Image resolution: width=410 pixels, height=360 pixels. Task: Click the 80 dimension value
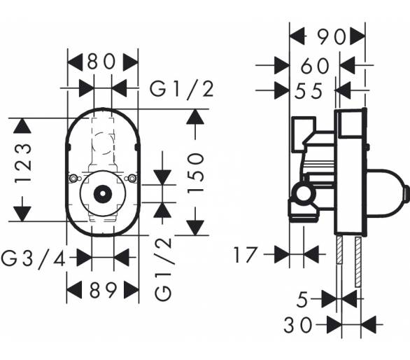[101, 62]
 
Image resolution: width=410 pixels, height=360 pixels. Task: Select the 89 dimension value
[103, 290]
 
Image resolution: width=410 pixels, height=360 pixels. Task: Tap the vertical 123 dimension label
[23, 163]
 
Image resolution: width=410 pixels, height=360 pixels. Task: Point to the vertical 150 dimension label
[195, 173]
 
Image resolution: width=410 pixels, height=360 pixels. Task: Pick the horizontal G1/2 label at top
[182, 89]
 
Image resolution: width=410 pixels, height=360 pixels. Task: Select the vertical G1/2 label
[163, 270]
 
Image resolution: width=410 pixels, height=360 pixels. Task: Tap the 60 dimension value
[315, 65]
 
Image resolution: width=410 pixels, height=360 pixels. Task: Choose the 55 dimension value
[309, 91]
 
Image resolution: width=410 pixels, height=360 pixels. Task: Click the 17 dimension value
[245, 255]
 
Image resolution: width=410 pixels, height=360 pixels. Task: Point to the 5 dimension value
[302, 300]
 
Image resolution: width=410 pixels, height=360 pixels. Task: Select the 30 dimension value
[298, 325]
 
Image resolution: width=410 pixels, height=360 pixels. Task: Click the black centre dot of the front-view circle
[103, 194]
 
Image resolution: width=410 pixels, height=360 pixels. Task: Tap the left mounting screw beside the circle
[73, 179]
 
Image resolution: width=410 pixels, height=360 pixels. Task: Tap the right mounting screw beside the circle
[132, 179]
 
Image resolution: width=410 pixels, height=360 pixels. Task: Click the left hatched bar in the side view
[339, 249]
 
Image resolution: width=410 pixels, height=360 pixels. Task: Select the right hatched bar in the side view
[358, 262]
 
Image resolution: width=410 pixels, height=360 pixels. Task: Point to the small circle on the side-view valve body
[304, 195]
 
